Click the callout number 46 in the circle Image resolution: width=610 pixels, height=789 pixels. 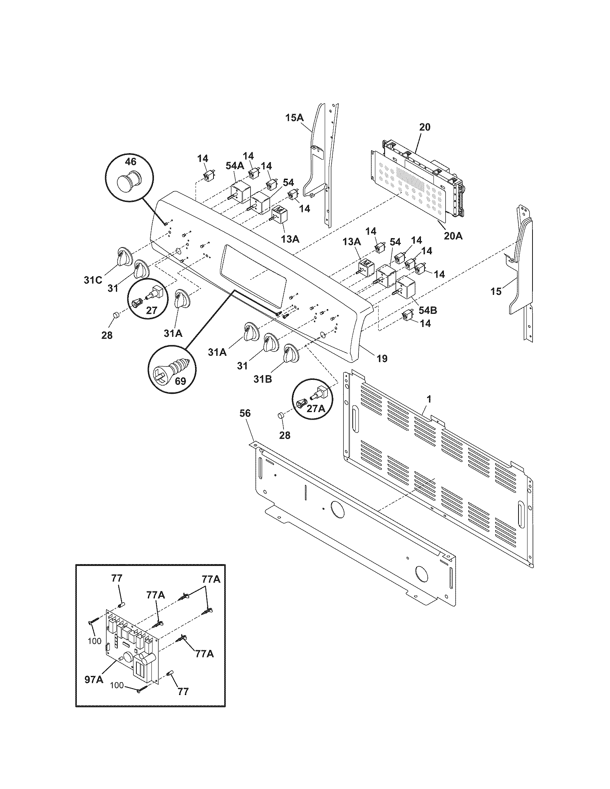pos(131,161)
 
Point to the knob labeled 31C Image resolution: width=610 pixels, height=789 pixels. pos(122,257)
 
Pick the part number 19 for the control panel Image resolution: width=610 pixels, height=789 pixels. pos(382,358)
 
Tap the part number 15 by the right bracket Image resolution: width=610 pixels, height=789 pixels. pos(496,291)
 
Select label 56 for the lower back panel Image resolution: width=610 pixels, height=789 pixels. pos(245,413)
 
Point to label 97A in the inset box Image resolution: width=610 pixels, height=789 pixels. pos(94,680)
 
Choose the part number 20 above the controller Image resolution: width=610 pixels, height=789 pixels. pos(425,127)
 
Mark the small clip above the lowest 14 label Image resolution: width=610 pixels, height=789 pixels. pos(408,315)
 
